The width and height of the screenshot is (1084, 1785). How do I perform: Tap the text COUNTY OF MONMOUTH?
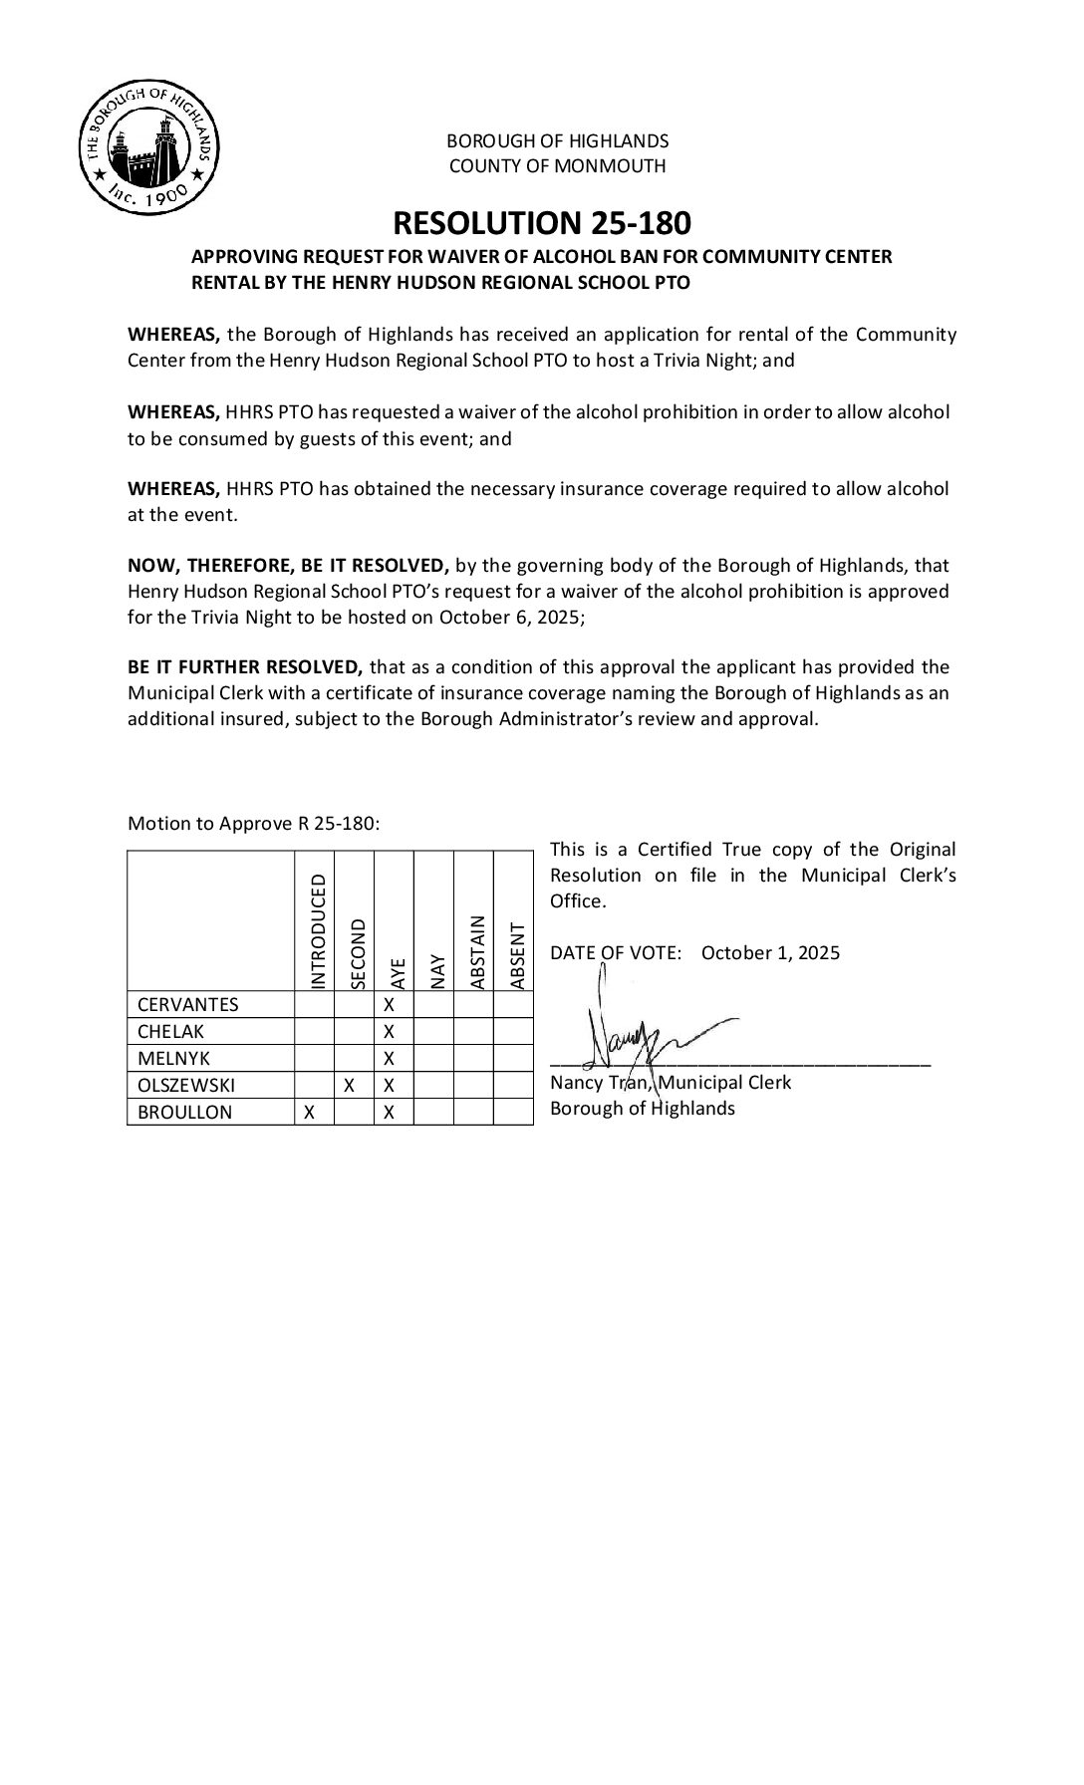pos(557,166)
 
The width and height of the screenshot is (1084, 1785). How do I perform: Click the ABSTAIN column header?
pos(476,951)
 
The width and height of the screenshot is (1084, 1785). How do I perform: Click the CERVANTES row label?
pos(188,1004)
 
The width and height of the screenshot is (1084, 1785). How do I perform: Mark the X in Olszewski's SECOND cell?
pos(349,1086)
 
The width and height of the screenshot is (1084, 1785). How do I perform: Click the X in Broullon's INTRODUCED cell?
pos(310,1113)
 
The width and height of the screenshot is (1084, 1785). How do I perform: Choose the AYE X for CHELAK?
pos(390,1031)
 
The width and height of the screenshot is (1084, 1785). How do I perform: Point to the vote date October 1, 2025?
pos(770,953)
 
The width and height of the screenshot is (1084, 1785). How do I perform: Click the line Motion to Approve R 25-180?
pos(253,824)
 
